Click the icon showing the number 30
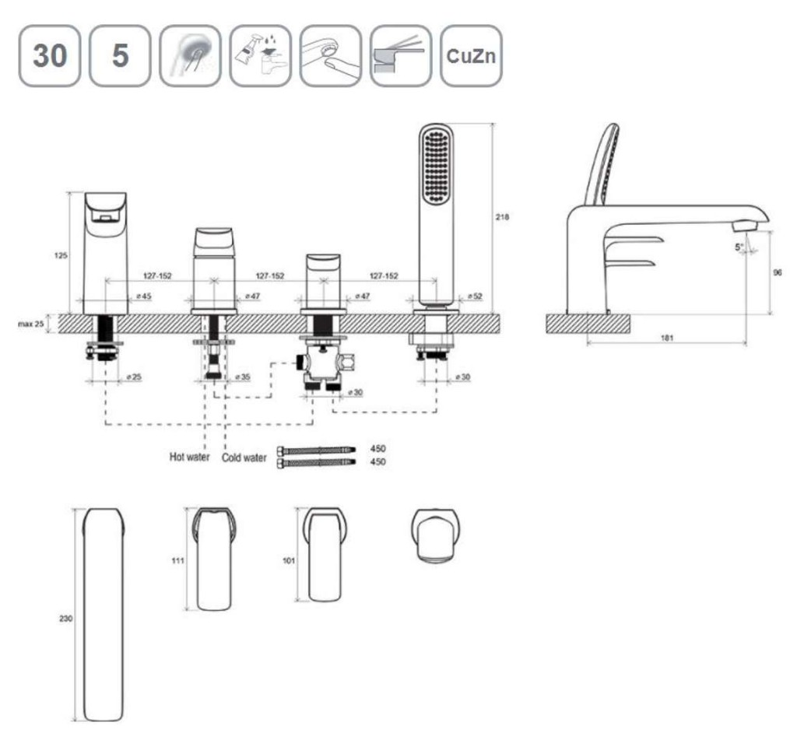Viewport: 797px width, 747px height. (49, 55)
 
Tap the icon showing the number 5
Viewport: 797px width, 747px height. (119, 55)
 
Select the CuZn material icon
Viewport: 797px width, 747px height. (470, 55)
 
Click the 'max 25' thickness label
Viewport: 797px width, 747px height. (30, 323)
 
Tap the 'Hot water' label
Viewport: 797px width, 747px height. (189, 457)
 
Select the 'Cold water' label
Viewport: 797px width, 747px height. (244, 458)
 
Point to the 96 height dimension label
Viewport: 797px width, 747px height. (778, 272)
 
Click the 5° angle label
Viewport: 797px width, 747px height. (740, 247)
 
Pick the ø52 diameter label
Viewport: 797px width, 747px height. (473, 296)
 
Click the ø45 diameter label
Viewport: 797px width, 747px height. (144, 296)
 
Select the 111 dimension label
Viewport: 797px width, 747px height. (178, 559)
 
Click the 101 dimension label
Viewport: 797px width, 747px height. (289, 559)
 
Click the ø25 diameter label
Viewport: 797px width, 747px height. (133, 377)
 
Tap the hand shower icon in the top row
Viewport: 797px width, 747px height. (190, 55)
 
